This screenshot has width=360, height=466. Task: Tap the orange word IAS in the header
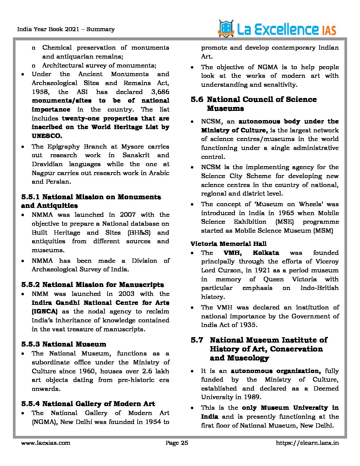tap(329, 31)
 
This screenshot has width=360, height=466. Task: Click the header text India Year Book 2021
tap(48, 29)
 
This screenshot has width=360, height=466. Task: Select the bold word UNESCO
tap(47, 136)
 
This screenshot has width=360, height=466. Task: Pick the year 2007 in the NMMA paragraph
tap(128, 215)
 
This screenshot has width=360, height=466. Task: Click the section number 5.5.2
tap(31, 285)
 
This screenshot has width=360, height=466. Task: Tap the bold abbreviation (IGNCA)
tap(44, 311)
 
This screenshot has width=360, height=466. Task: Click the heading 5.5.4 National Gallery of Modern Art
tap(88, 404)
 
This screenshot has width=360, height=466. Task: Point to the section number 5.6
tap(197, 100)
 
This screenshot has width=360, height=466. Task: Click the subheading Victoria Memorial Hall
tap(228, 244)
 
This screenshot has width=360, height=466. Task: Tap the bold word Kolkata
tap(266, 253)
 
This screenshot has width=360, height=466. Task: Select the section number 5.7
tap(197, 340)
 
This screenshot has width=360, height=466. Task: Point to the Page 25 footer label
tap(177, 443)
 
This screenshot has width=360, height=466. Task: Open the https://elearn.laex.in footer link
tap(307, 443)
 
